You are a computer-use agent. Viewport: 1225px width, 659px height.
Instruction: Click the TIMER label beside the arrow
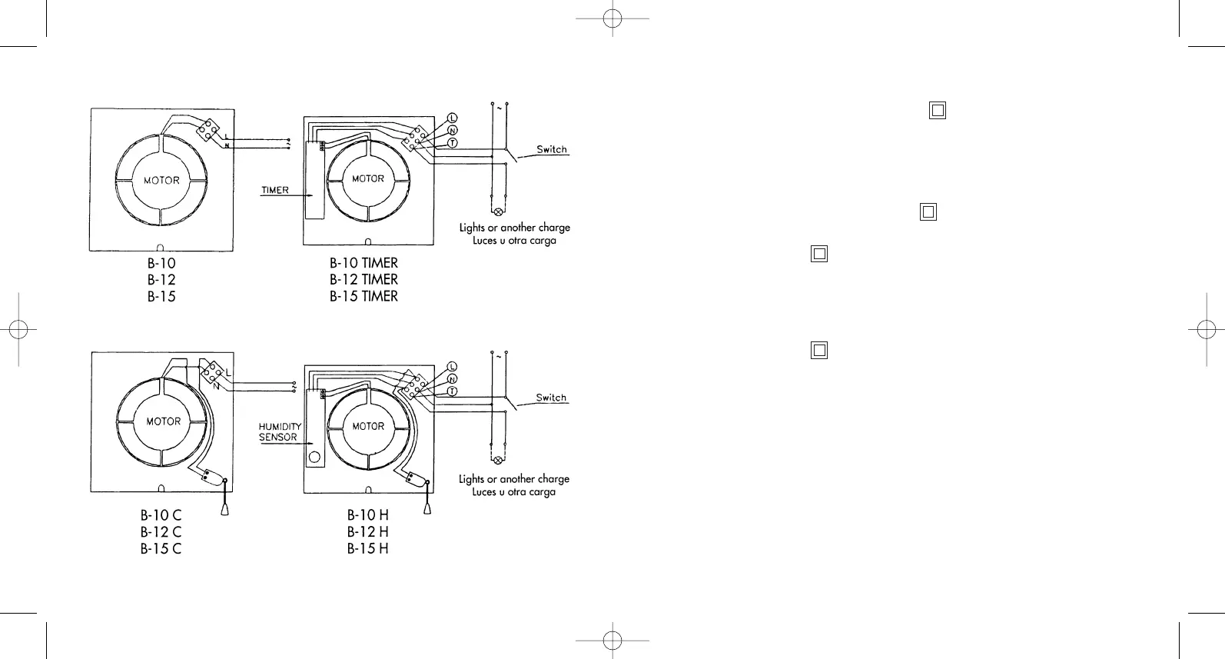[x=275, y=190]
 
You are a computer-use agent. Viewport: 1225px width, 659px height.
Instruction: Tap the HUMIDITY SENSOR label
[x=279, y=431]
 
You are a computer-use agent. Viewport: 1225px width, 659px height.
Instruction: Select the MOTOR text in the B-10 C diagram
[x=163, y=421]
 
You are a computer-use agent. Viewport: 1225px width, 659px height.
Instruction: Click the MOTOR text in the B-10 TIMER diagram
[x=368, y=178]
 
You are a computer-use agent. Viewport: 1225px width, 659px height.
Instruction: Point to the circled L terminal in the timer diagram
[x=452, y=118]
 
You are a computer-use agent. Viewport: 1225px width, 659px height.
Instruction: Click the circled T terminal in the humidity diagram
[x=452, y=391]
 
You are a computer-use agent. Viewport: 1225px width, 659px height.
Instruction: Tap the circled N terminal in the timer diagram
[x=452, y=131]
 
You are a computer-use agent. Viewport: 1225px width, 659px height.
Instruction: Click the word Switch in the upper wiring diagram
[x=552, y=149]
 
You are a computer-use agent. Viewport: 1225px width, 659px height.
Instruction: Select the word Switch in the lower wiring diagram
[x=551, y=398]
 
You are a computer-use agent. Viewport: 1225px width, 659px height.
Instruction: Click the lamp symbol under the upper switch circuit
[x=498, y=211]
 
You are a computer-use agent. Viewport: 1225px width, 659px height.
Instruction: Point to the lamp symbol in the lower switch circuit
[x=498, y=461]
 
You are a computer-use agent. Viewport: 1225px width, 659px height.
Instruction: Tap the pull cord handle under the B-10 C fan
[x=224, y=508]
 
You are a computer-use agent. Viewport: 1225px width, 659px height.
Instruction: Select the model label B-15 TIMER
[x=364, y=296]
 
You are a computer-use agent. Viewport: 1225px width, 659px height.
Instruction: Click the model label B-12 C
[x=161, y=531]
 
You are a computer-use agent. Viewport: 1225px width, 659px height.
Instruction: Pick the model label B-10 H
[x=367, y=514]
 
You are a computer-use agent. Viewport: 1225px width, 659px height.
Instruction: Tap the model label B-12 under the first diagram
[x=161, y=279]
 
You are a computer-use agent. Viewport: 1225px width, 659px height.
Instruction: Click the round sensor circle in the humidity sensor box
[x=314, y=459]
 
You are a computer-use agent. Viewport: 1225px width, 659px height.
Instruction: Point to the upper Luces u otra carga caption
[x=514, y=241]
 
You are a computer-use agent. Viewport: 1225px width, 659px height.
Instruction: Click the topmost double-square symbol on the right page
[x=938, y=111]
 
